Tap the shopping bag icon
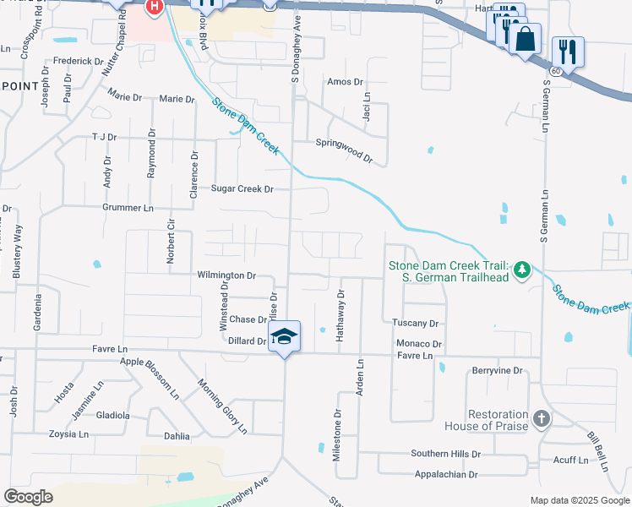(525, 39)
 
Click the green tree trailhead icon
(522, 270)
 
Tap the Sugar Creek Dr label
(242, 189)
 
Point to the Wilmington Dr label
(226, 275)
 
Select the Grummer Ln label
(128, 207)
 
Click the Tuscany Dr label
(417, 324)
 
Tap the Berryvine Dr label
(499, 371)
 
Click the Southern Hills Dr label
(445, 454)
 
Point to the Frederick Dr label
(77, 62)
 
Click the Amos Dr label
(345, 82)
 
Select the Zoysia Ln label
(71, 434)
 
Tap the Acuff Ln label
(570, 460)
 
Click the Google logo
(28, 497)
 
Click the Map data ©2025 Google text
(580, 500)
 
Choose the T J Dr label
(103, 137)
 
